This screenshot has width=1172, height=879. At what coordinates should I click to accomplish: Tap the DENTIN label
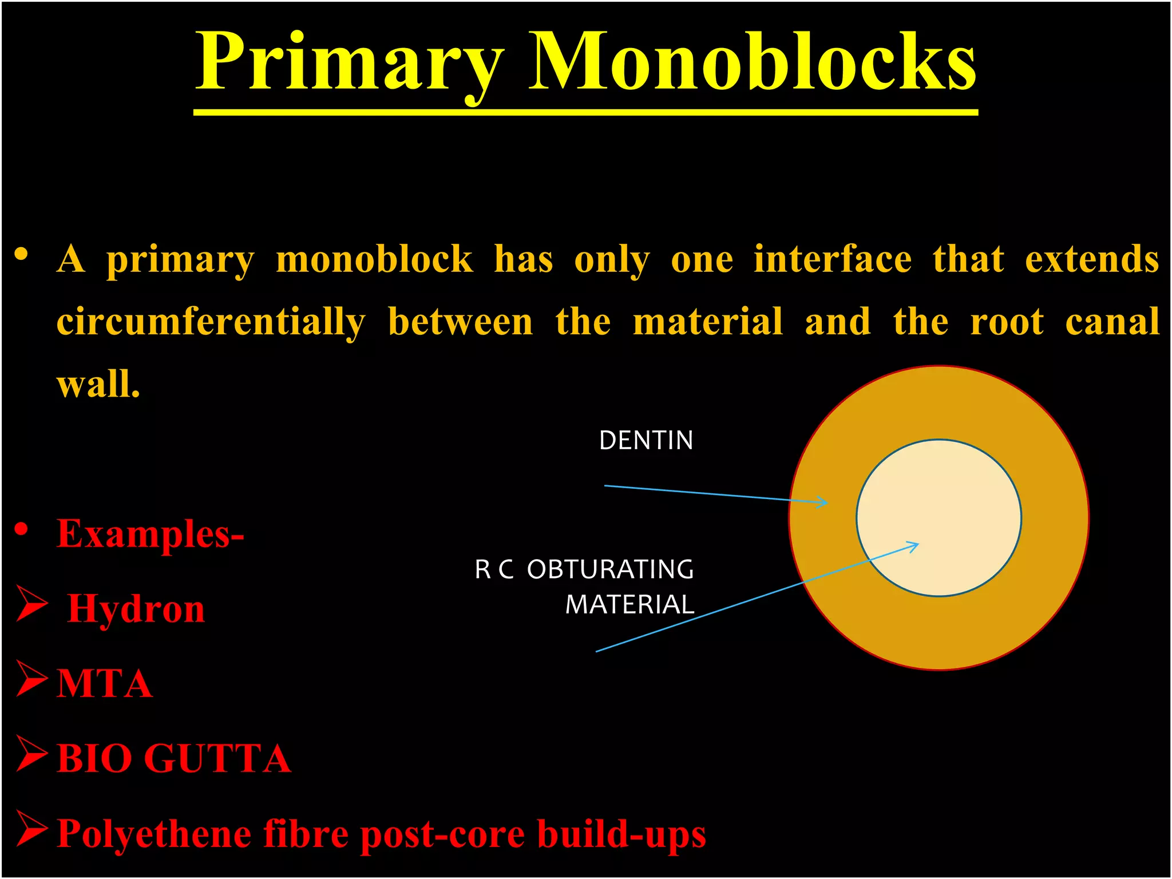(646, 441)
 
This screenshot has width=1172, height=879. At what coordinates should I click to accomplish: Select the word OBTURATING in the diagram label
(610, 569)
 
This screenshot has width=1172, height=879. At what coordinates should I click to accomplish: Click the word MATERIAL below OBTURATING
(629, 605)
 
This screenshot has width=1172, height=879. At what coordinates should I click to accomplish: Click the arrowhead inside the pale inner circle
(914, 545)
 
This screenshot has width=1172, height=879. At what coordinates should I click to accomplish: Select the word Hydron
(136, 608)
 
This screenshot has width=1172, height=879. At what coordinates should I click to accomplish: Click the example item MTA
(105, 683)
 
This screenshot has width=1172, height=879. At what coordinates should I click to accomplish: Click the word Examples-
(150, 533)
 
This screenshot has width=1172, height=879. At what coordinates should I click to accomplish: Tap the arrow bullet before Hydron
(31, 603)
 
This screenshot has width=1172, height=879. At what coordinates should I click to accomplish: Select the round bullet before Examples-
(21, 529)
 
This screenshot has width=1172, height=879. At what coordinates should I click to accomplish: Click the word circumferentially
(211, 322)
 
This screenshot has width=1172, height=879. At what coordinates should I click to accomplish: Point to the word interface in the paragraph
(832, 259)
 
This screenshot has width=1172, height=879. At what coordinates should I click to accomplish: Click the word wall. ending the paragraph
(98, 384)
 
